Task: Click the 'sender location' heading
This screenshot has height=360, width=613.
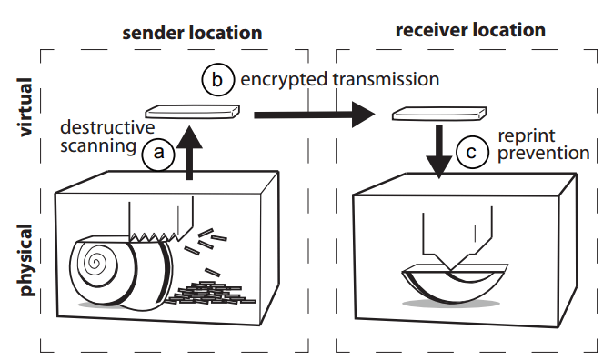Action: point(192,33)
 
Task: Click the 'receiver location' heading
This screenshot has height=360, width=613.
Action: point(470,31)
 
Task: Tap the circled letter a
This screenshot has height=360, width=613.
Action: point(158,153)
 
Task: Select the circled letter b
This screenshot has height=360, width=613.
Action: point(217,80)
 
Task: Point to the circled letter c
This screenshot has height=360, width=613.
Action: point(472,152)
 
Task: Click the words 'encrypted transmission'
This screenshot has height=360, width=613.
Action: point(340,79)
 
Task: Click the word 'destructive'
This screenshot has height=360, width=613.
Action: point(107,127)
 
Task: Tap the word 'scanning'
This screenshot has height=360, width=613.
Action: point(98,146)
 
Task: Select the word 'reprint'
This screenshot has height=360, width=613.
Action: point(527,136)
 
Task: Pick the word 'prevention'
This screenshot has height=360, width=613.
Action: point(543,153)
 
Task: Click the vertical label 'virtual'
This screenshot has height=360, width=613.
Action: point(25,107)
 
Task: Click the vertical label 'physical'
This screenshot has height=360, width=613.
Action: point(25,260)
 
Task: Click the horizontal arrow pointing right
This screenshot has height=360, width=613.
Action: point(315,115)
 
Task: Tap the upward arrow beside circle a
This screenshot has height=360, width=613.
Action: point(189,153)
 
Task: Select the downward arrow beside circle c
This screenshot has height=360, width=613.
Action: point(439,152)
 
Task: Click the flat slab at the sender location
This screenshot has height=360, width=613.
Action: point(192,112)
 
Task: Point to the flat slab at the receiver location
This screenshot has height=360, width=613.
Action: point(439,114)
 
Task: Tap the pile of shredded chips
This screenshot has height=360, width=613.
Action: point(210,293)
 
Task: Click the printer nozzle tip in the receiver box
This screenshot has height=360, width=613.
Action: point(451,269)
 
